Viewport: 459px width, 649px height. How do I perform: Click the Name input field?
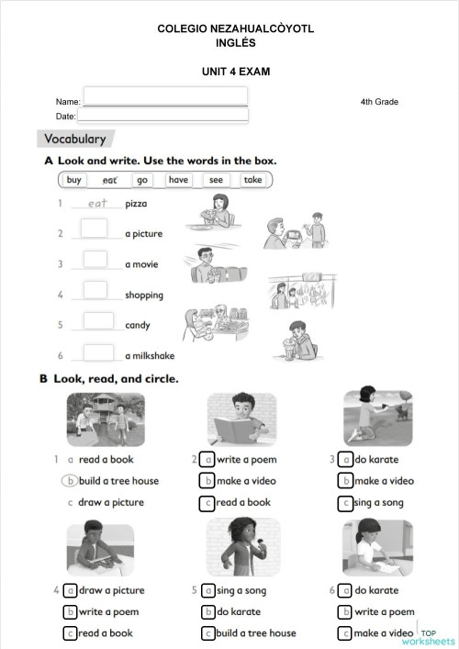point(165,96)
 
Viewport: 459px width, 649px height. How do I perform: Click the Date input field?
point(162,116)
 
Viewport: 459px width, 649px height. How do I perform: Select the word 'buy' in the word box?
point(74,180)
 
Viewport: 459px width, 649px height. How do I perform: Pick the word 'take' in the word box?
point(252,180)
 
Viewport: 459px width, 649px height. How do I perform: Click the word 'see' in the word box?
point(216,180)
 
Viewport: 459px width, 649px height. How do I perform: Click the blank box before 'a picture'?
point(95,229)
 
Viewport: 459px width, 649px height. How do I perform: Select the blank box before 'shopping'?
point(95,291)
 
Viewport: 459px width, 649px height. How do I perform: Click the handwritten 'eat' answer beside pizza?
point(97,203)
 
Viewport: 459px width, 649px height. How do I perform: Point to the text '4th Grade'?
point(379,101)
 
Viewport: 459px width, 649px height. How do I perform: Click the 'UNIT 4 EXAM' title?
point(236,71)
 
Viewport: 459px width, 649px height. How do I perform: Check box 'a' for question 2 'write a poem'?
point(208,459)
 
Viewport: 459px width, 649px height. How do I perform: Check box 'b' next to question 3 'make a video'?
point(345,480)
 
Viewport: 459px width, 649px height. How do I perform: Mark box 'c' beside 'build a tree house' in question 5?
point(208,632)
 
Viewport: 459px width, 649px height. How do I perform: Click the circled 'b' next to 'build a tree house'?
point(70,480)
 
